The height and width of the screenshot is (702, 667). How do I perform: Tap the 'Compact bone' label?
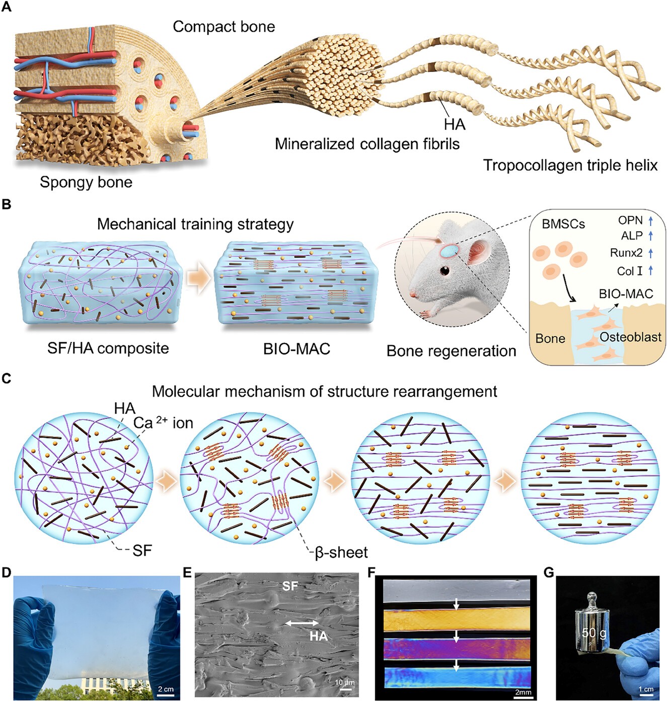(224, 27)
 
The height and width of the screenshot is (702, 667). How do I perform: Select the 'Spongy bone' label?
(86, 182)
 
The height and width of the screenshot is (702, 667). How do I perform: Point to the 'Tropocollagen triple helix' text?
(570, 165)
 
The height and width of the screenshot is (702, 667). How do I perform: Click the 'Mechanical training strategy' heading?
(195, 224)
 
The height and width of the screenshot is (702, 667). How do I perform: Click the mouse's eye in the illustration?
(444, 270)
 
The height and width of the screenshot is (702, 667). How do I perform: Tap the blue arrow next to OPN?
(650, 220)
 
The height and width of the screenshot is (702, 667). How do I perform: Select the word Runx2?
(626, 253)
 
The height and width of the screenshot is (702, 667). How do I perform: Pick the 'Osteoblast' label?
(630, 337)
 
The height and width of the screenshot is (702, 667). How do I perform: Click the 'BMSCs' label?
(563, 224)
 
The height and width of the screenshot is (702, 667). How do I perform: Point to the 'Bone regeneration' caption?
(451, 351)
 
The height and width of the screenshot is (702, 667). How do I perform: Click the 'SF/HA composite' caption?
(108, 348)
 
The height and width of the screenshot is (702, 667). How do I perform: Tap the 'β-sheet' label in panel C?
(341, 552)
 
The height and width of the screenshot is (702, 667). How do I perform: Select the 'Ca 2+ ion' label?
(163, 423)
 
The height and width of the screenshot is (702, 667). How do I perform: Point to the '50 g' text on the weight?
(594, 633)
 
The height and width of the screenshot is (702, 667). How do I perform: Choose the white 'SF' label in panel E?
(290, 586)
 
